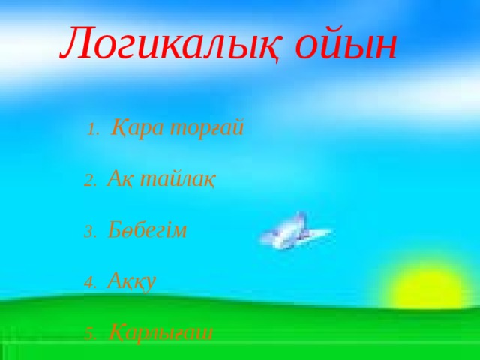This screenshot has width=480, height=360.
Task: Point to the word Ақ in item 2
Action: click(x=118, y=179)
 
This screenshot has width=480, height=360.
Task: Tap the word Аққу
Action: click(x=131, y=281)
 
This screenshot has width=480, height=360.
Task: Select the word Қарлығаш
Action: click(x=160, y=331)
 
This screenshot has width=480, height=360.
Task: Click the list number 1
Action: click(x=92, y=130)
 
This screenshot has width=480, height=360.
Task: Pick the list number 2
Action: click(x=88, y=181)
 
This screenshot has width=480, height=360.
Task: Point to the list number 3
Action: click(x=88, y=232)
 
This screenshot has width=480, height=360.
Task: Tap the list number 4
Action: click(x=88, y=283)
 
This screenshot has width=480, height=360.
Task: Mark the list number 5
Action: click(x=88, y=334)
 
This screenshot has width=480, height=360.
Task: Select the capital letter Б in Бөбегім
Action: click(x=115, y=229)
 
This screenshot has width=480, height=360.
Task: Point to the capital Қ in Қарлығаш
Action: click(x=115, y=331)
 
